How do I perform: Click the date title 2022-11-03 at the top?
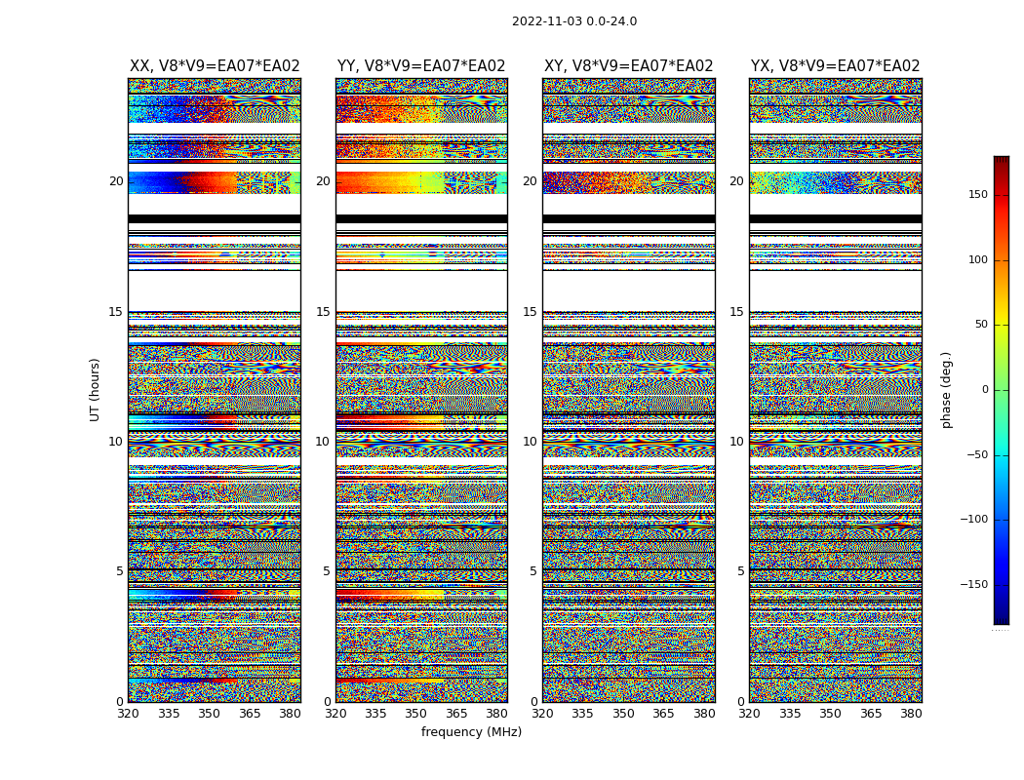click(573, 21)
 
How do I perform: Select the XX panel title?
click(215, 66)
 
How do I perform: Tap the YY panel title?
click(421, 66)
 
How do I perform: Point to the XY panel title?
click(629, 66)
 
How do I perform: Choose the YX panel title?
click(836, 66)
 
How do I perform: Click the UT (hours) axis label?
click(96, 389)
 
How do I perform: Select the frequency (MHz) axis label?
click(471, 732)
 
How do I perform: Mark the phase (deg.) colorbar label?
click(946, 389)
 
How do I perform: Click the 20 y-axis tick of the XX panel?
click(116, 181)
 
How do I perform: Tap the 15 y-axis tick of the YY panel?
click(322, 312)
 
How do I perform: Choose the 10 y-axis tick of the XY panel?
click(529, 442)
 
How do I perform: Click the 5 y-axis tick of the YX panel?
click(741, 571)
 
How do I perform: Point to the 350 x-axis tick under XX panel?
click(210, 714)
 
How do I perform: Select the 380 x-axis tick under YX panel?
click(911, 714)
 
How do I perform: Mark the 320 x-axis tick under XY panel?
click(542, 714)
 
